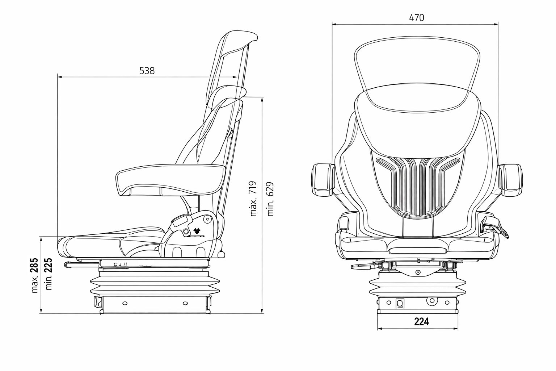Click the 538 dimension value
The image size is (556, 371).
coord(147,71)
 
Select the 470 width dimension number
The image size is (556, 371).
coord(417,18)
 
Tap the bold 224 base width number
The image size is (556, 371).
coord(421,322)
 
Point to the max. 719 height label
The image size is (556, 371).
coord(253,199)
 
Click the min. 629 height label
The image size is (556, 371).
coord(270,199)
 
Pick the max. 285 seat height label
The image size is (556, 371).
coord(35,275)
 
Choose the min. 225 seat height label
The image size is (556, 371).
coord(49,274)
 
